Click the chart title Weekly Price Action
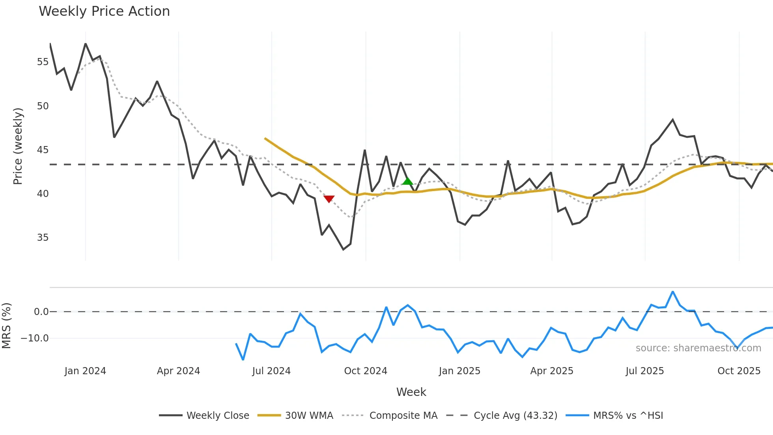(104, 11)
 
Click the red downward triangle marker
(329, 199)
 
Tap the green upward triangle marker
(407, 181)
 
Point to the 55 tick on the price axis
(43, 62)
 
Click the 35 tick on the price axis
(43, 238)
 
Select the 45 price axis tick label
(43, 150)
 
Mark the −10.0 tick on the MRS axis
(35, 338)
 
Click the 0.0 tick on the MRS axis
(41, 312)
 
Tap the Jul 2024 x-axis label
(271, 371)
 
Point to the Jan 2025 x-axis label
(459, 371)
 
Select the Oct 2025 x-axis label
(739, 371)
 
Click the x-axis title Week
(411, 392)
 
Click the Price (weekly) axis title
(18, 146)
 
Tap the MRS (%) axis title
(6, 326)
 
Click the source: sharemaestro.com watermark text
(698, 348)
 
